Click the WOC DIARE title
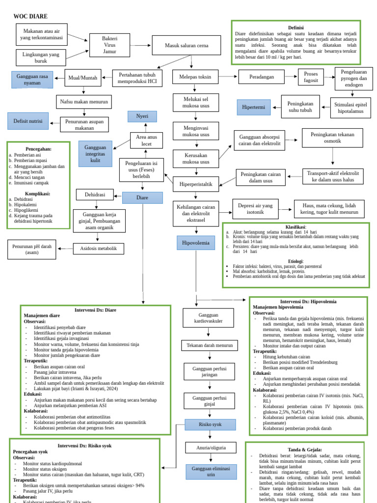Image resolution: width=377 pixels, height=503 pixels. point(30,17)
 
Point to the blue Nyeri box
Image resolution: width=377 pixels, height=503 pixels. point(142,116)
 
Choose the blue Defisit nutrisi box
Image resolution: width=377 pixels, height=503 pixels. point(28,121)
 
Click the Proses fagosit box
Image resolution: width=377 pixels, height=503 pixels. point(311,77)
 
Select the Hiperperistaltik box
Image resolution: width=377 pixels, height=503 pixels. point(196,184)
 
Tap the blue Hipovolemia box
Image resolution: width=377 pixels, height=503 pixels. point(195,243)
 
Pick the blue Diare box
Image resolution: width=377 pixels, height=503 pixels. point(142,198)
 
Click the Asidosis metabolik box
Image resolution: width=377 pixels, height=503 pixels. point(99,249)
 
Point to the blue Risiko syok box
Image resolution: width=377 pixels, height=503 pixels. point(210,425)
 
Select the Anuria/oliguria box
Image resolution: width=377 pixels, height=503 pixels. point(210,447)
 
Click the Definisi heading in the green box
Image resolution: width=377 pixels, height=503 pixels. point(296,28)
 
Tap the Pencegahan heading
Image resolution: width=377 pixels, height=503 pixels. point(38,148)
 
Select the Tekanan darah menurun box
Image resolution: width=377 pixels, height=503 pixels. point(210,345)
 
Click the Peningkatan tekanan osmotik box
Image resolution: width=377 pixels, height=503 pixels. point(332,138)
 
